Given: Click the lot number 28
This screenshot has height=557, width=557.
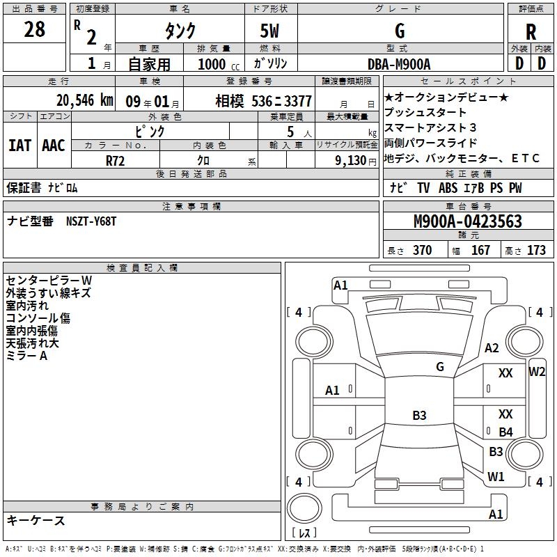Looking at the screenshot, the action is point(34,30).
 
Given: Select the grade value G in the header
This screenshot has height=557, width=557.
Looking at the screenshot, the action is point(399,31).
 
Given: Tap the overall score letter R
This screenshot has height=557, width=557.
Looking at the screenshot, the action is point(531,31).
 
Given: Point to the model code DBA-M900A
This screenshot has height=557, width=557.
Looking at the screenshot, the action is point(399,64).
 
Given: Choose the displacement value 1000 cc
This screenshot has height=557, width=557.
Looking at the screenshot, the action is point(216,64).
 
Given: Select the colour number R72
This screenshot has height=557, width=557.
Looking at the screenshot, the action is point(115,160).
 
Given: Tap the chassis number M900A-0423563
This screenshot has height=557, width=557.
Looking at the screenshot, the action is point(467,221).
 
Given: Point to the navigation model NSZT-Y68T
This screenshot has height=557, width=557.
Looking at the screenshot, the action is point(91,221).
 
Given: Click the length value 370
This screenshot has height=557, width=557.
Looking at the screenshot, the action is point(422,251).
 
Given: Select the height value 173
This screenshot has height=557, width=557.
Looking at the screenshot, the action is point(536,251).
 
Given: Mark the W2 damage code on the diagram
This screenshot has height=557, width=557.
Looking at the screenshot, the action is point(537,371).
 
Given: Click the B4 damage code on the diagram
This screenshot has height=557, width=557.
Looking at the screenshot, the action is point(505,432).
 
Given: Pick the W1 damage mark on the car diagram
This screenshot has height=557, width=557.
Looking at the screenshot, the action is point(496,477).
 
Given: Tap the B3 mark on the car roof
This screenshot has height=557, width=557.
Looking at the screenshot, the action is point(419,416).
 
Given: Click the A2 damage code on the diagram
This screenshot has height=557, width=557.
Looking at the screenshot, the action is point(492,348).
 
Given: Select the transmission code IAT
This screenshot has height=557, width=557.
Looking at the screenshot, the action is point(19,145).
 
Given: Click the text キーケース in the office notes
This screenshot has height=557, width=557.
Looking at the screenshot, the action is point(36,521).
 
